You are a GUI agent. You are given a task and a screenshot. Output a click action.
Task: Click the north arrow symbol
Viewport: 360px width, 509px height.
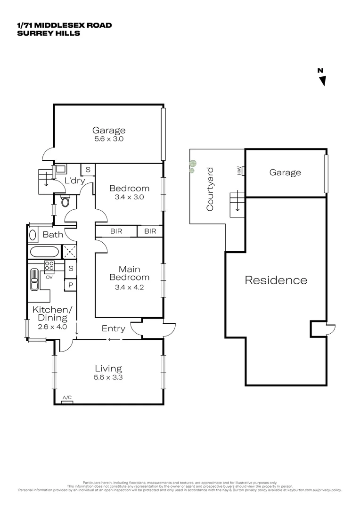[x=322, y=81]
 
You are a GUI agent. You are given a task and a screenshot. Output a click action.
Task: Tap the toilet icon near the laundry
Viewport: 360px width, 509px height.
[x=65, y=202]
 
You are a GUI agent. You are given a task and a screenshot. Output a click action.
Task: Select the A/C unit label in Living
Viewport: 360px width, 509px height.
[x=67, y=399]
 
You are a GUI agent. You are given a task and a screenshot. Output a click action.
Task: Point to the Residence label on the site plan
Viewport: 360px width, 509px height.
[x=276, y=280]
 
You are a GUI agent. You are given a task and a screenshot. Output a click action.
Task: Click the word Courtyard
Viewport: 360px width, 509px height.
[x=210, y=189]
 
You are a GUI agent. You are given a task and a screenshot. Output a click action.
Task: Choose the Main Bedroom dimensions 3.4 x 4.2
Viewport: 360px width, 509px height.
[x=129, y=286]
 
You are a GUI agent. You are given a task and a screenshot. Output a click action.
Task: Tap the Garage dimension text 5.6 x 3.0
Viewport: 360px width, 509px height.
[x=109, y=140]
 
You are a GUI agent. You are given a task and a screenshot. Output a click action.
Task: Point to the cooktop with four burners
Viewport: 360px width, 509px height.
[x=49, y=267]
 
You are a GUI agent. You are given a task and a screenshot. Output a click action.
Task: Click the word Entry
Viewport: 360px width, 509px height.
[x=114, y=328]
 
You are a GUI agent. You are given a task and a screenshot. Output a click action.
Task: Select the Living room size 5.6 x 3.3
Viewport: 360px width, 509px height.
[x=108, y=378]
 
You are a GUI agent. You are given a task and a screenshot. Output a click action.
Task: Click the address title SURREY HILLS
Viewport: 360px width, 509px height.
[x=49, y=33]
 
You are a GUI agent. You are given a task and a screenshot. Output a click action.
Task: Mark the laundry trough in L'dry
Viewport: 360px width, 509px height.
[x=61, y=168]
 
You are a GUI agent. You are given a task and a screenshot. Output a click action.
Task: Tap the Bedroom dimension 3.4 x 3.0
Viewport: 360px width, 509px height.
[x=129, y=197]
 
